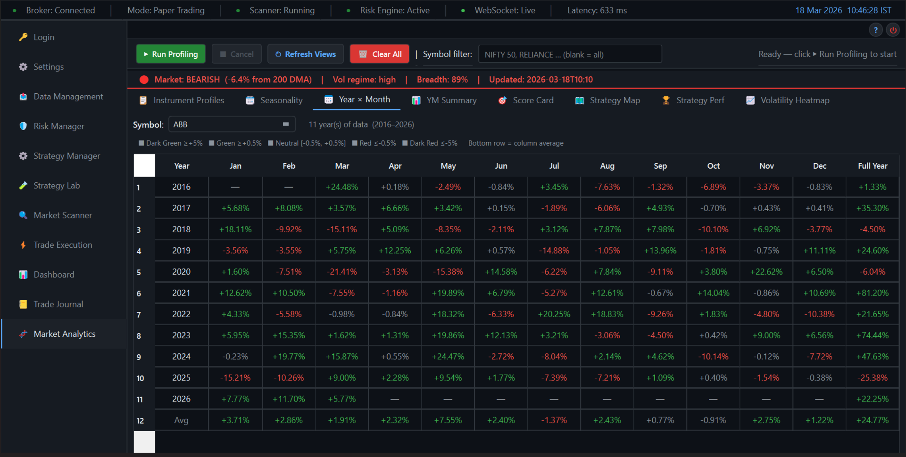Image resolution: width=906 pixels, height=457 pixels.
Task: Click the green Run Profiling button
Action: [171, 54]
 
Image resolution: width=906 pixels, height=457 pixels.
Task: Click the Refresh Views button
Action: [306, 54]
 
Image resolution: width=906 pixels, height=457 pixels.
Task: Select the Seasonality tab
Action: [274, 100]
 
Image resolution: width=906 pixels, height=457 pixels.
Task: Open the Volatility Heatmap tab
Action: [788, 100]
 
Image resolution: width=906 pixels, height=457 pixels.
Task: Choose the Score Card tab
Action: [526, 100]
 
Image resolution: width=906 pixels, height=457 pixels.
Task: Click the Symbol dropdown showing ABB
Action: [232, 124]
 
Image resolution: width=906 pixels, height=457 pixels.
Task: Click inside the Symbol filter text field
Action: [570, 54]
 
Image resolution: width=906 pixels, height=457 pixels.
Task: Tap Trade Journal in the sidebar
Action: [58, 304]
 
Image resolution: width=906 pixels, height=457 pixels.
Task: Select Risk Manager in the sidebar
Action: [58, 126]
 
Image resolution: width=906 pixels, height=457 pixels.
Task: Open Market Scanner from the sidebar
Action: [62, 215]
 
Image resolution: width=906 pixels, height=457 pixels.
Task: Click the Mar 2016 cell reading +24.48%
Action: [342, 187]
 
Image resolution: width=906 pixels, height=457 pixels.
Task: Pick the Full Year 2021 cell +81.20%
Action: [873, 293]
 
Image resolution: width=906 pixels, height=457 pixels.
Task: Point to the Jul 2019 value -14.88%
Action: [554, 251]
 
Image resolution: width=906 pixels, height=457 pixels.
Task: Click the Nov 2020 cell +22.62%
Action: [766, 272]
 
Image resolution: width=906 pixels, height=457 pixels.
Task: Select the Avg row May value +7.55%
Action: [448, 420]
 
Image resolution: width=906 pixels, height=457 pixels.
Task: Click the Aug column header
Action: [607, 166]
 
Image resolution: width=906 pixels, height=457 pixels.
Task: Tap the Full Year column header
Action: [873, 166]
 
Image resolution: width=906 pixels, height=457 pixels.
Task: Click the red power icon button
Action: [893, 30]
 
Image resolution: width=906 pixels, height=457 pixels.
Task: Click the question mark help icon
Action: [875, 30]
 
